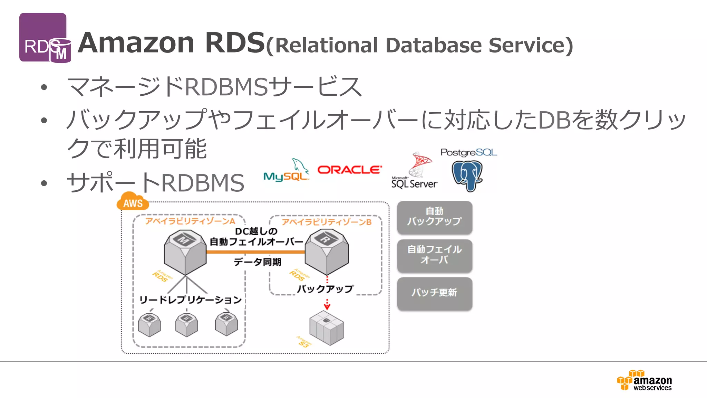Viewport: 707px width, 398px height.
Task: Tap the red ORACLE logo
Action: (x=349, y=170)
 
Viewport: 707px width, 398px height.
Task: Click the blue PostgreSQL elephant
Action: (x=467, y=176)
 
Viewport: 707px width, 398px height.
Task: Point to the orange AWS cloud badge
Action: (x=133, y=202)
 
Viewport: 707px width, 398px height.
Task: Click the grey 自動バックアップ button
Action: (x=434, y=217)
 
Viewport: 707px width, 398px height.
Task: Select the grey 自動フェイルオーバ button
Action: (x=434, y=255)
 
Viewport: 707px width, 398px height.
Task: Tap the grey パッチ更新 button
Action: (x=434, y=293)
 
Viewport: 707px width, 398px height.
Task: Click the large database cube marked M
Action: (x=185, y=252)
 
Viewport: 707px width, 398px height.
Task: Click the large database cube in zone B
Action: (x=327, y=252)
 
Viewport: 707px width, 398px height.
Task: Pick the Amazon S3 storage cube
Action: (x=327, y=328)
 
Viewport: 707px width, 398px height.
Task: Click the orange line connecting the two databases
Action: (x=255, y=252)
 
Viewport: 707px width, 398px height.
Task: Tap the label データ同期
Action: (x=258, y=262)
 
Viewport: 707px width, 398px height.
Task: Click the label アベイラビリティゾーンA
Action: (x=190, y=221)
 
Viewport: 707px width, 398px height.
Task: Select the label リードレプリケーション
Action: (x=190, y=300)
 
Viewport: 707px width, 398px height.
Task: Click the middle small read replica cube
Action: (x=186, y=325)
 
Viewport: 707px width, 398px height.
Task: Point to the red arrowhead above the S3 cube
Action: (x=327, y=306)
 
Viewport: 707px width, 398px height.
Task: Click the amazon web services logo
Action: (x=645, y=380)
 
